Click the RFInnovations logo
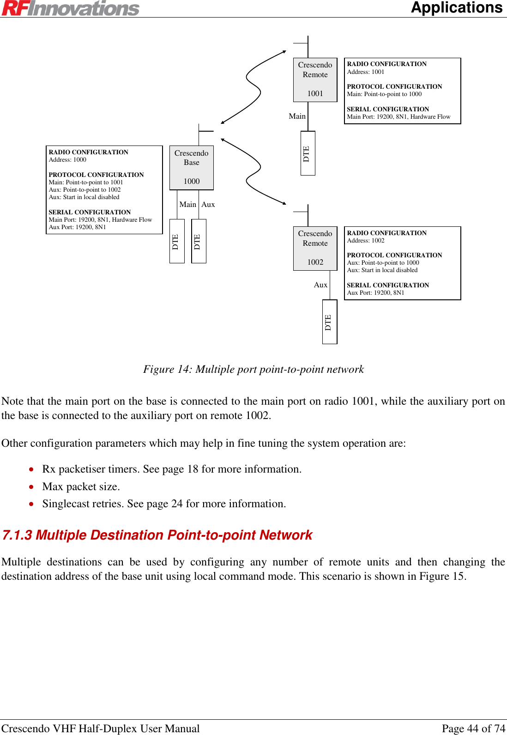click(x=70, y=8)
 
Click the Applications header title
click(x=456, y=8)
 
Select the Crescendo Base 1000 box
click(x=191, y=167)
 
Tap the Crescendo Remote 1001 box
click(x=315, y=79)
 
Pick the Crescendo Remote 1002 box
click(x=315, y=248)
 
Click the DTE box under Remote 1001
click(x=308, y=153)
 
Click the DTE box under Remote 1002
click(x=329, y=322)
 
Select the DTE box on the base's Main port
click(x=177, y=241)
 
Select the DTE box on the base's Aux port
click(x=199, y=241)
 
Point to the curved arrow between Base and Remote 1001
click(x=253, y=87)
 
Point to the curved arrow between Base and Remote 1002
click(x=253, y=171)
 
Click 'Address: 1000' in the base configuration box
click(x=67, y=160)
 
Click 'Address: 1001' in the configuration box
click(x=365, y=72)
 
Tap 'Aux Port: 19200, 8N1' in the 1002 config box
click(x=375, y=293)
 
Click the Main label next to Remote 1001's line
click(x=297, y=116)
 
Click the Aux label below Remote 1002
click(x=320, y=285)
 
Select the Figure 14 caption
click(x=253, y=369)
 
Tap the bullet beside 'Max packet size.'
click(x=31, y=487)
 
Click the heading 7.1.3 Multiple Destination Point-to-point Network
click(x=157, y=535)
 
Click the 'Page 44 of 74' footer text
click(x=473, y=729)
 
